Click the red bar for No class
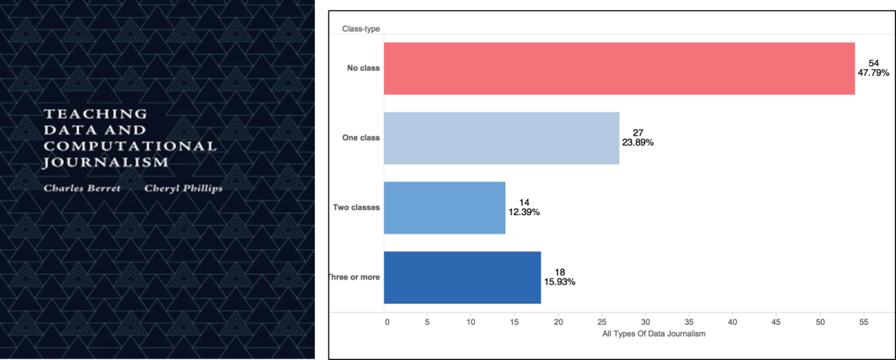coord(619,68)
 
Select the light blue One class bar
coord(501,138)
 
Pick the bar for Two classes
coord(444,208)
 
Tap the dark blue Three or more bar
coord(462,277)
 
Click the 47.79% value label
coord(872,74)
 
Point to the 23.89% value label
coord(638,142)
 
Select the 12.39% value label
coord(524,212)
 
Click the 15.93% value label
coord(559,282)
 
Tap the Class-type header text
coord(361,29)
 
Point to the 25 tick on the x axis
coord(603,322)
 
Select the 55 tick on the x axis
coord(863,322)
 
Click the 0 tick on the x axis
coord(387,322)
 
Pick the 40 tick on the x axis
coord(733,322)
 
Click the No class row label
coord(363,68)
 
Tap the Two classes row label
coord(356,208)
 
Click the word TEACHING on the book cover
coord(95,113)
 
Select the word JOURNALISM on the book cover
coord(106,162)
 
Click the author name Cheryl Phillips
coord(184,189)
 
